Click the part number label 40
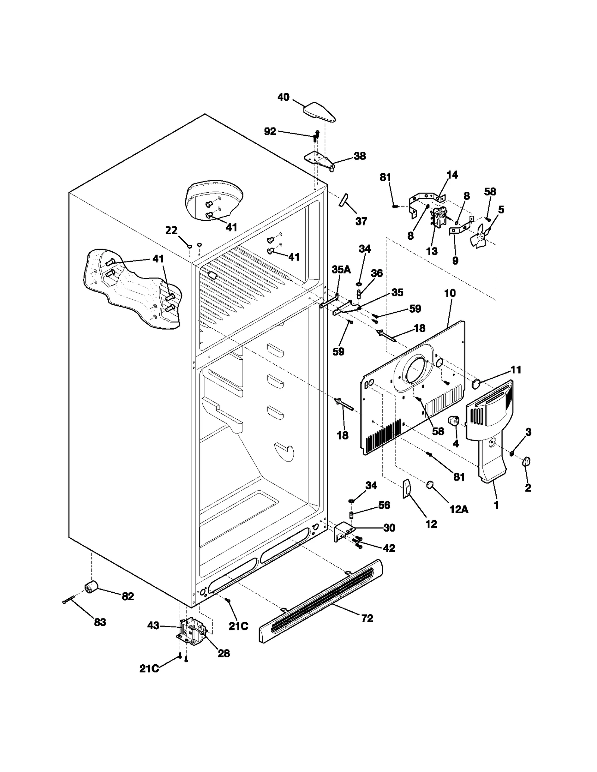point(283,97)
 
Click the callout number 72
point(367,618)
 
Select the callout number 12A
point(459,509)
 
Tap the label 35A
point(341,270)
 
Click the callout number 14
point(452,175)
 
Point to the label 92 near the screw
point(270,131)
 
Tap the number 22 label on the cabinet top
point(171,230)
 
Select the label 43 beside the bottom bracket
point(153,626)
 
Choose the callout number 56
point(384,505)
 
